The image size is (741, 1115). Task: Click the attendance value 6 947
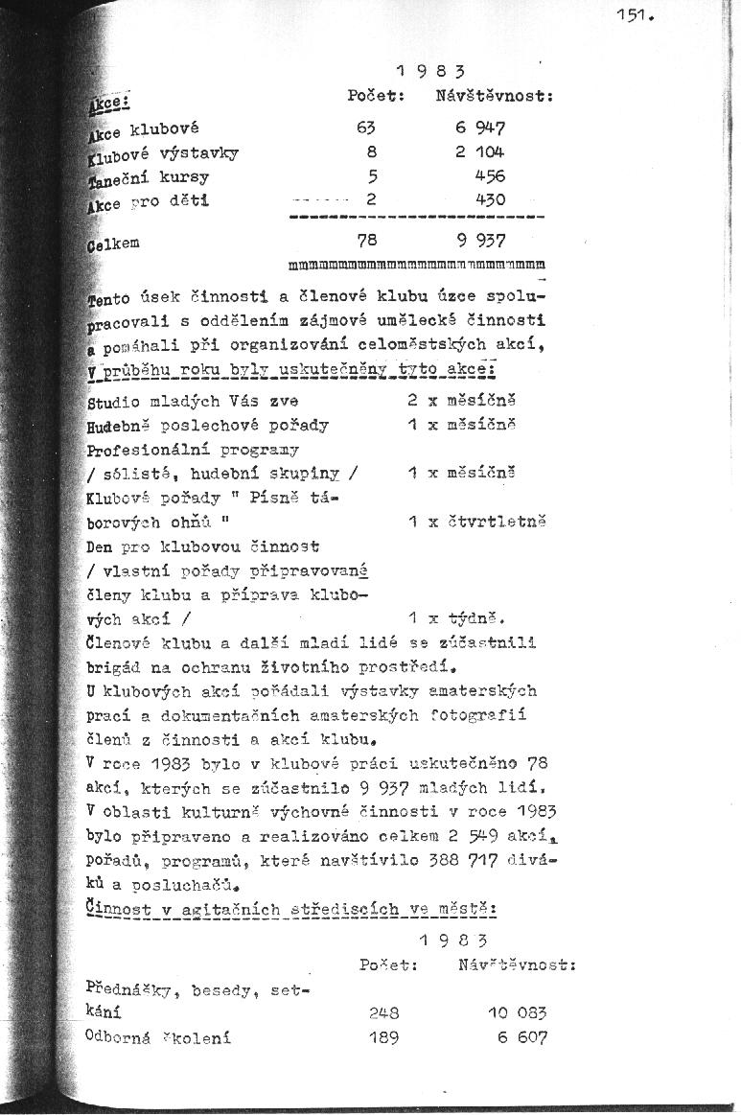481,127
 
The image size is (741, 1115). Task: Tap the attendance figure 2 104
481,151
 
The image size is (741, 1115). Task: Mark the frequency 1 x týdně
450,617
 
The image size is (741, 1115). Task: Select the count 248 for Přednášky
383,1011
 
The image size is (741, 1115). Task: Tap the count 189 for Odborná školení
383,1036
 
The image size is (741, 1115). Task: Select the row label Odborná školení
158,1036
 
